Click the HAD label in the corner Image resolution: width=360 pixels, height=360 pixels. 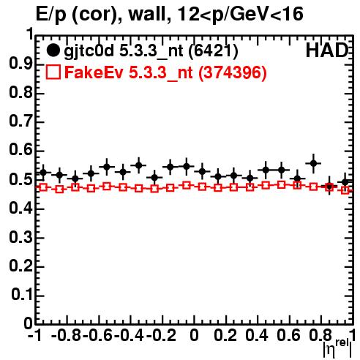point(327,50)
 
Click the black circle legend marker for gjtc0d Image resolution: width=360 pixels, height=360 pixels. point(53,50)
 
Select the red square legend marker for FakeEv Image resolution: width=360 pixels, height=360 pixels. point(53,72)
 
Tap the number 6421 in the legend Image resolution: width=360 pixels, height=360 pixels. point(213,50)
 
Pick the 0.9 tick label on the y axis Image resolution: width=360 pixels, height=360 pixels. point(20,64)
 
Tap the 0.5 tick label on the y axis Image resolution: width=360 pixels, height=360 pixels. point(20,179)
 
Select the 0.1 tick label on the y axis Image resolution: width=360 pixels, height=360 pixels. point(22,295)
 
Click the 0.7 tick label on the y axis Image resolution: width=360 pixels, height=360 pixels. point(20,121)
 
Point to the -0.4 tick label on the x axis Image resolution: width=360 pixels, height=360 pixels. point(129,335)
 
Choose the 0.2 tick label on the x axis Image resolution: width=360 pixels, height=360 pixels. point(225,335)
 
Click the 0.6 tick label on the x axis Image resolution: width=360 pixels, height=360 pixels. point(288,335)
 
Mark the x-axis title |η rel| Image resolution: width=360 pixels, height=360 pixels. point(337,348)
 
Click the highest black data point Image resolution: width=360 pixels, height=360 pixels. point(314,163)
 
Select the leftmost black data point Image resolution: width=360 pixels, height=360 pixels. point(43,173)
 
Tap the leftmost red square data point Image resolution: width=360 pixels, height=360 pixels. point(43,187)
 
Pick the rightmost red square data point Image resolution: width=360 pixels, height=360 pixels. point(345,190)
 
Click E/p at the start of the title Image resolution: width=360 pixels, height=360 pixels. point(51,15)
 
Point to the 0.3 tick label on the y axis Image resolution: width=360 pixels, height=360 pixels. point(20,237)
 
